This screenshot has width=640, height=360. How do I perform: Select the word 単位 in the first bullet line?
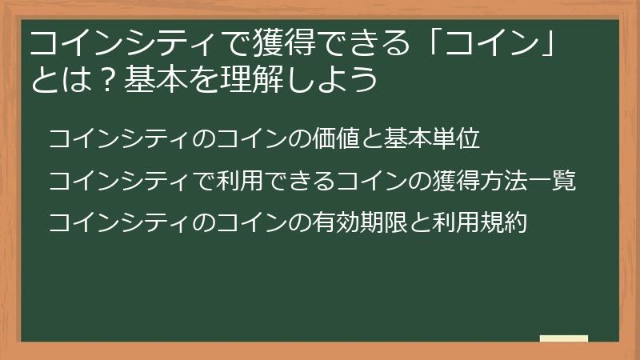pos(456,138)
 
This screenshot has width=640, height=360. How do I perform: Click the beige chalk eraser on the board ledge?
pos(564,338)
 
